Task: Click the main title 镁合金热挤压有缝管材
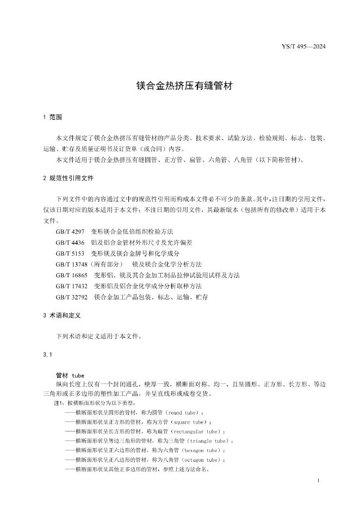180,86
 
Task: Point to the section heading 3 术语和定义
64,315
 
